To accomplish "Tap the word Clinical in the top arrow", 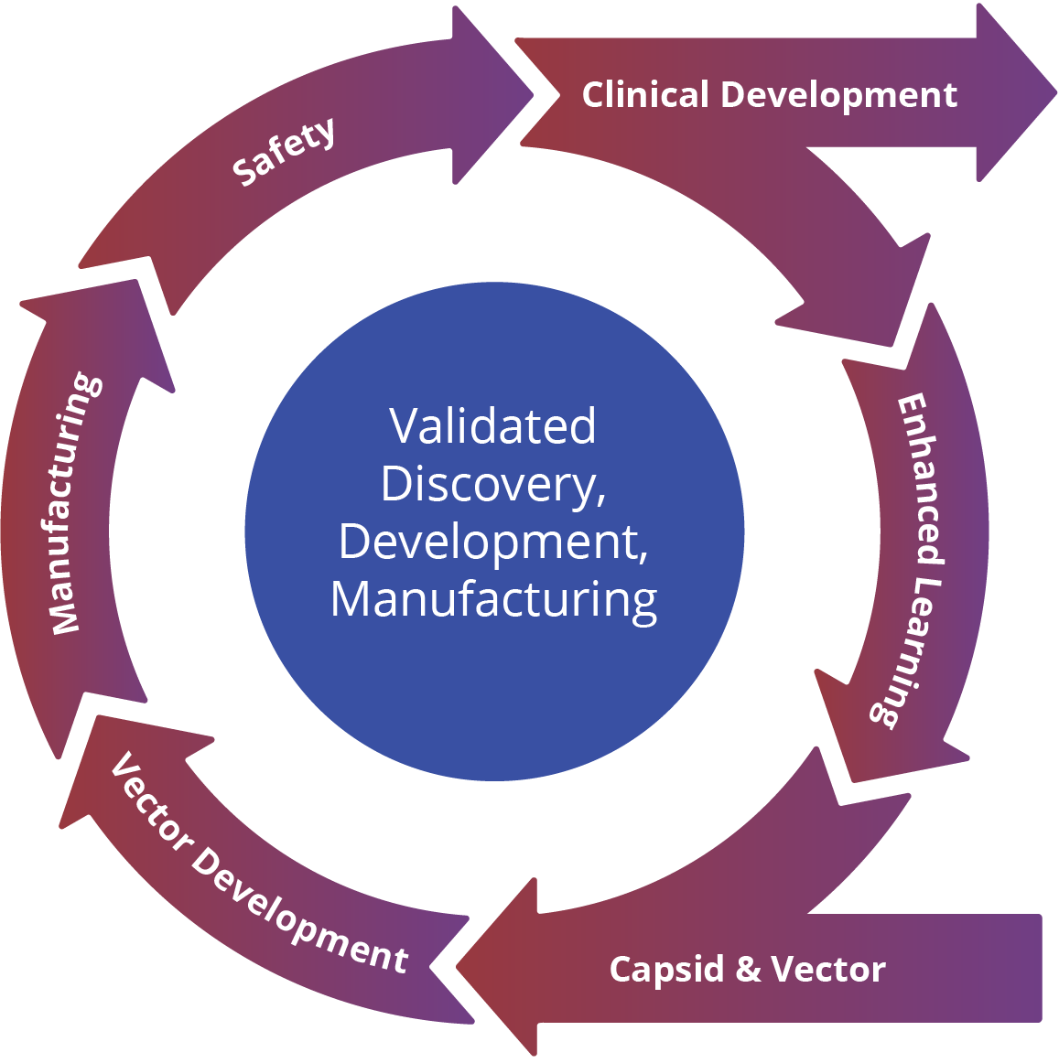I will click(645, 95).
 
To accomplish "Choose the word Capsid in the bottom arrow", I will click(666, 970).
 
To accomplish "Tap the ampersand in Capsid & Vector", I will click(748, 969).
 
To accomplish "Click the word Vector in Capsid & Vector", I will click(828, 969).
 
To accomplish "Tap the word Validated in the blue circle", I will click(492, 426).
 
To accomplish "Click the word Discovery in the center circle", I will click(492, 484).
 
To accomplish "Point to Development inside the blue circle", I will click(492, 542).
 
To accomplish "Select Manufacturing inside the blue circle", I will click(493, 599).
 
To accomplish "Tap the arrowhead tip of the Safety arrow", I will click(532, 93).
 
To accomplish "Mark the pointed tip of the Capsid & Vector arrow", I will click(458, 968).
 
